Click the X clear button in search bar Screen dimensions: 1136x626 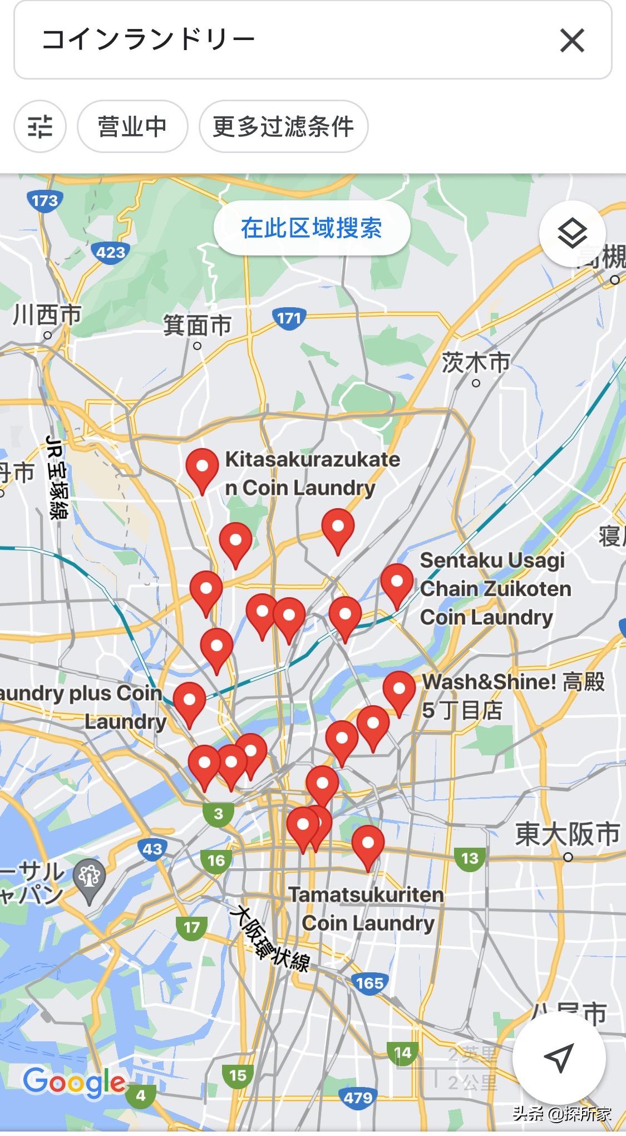tap(572, 41)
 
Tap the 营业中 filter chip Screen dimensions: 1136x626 tap(132, 126)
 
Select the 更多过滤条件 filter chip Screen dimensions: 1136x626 tap(283, 126)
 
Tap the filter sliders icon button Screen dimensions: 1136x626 tap(40, 126)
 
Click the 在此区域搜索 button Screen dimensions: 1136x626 tap(312, 228)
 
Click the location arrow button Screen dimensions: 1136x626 tap(559, 1058)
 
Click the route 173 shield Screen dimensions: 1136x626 tap(45, 200)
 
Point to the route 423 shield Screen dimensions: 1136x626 tap(110, 253)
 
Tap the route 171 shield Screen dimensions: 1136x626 tap(289, 318)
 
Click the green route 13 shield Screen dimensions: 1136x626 tap(470, 858)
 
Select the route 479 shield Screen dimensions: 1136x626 tap(357, 1098)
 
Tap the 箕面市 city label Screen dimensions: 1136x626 tap(197, 326)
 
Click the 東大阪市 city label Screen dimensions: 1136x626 tap(566, 834)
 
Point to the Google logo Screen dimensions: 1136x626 tap(74, 1083)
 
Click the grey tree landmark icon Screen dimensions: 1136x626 tap(90, 878)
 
